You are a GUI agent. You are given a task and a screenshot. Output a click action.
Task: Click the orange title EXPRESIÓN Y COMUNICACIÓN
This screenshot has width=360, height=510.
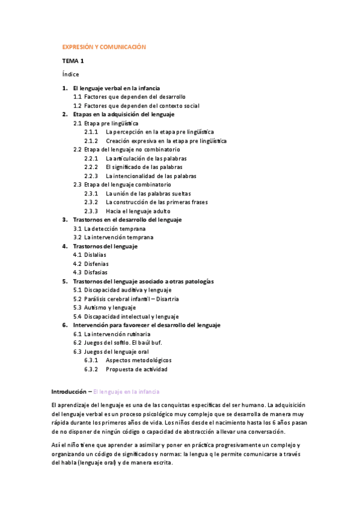(x=104, y=46)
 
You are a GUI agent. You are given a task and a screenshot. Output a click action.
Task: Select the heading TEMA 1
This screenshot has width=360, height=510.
(x=73, y=61)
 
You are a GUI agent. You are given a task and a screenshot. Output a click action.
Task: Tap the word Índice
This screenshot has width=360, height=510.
(x=70, y=75)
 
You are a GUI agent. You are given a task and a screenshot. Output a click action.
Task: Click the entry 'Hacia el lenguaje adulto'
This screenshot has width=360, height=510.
(x=139, y=211)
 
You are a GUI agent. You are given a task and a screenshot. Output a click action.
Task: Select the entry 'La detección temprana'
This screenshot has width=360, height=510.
(x=115, y=229)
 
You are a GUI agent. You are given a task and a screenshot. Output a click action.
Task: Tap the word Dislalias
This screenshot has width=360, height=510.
(x=96, y=254)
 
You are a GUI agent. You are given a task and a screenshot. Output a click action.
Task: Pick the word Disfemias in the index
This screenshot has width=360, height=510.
(x=96, y=263)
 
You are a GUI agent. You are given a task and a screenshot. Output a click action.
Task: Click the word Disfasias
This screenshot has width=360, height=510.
(x=96, y=272)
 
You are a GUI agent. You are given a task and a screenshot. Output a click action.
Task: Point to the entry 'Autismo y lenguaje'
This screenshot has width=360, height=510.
(x=110, y=307)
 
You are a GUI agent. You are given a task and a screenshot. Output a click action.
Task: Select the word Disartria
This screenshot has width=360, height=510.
(x=169, y=298)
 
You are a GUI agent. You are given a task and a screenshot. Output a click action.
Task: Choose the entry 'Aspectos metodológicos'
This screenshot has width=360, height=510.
(x=142, y=360)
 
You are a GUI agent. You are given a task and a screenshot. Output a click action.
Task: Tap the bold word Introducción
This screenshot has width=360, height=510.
(x=69, y=391)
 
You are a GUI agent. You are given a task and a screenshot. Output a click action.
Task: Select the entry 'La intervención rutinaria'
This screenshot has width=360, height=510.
(x=117, y=334)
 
